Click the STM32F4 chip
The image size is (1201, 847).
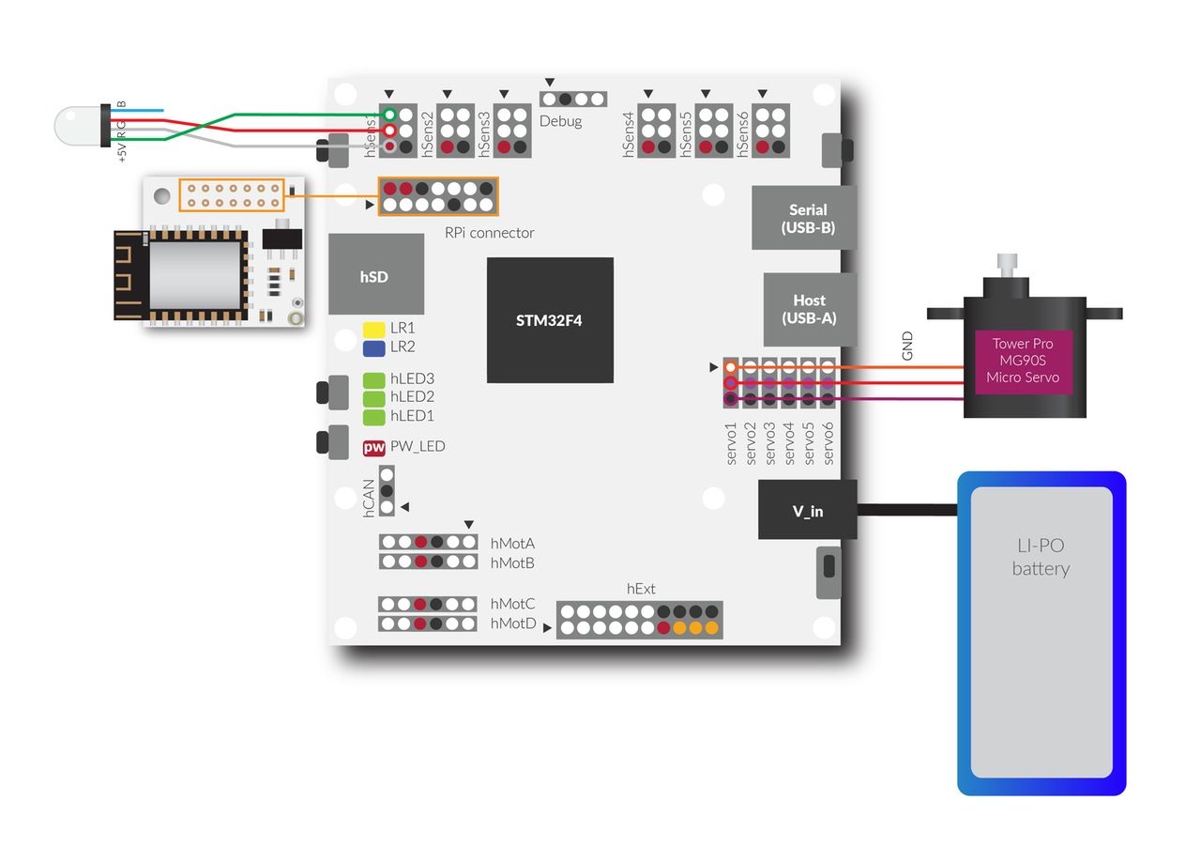coord(550,320)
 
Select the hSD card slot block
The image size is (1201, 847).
coord(375,275)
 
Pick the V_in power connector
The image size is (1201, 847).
coord(807,511)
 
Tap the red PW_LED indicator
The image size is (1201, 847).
coord(374,448)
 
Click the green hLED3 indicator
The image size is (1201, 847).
coord(374,379)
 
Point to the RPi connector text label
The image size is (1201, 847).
coord(489,233)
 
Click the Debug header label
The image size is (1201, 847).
coord(560,121)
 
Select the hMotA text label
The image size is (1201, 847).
coord(512,543)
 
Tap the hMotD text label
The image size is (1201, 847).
coord(512,624)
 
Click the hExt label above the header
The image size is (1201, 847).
coord(641,589)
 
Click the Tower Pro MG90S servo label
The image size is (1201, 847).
coord(1023,361)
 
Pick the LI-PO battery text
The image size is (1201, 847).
coord(1041,557)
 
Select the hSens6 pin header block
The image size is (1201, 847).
coord(770,131)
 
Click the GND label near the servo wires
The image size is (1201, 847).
coord(907,346)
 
